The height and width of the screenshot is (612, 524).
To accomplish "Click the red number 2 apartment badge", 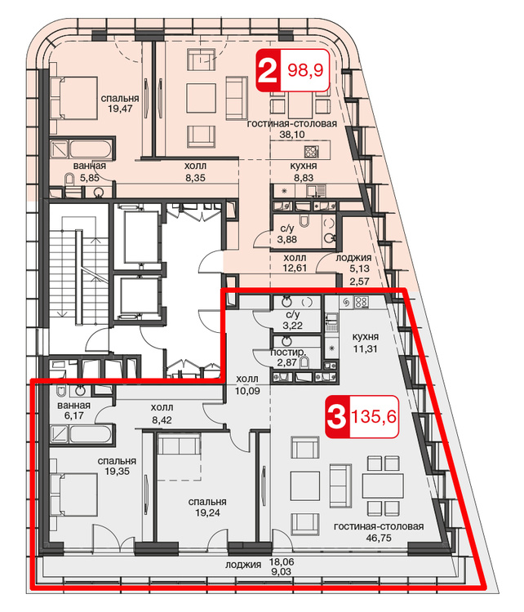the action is click(x=268, y=71).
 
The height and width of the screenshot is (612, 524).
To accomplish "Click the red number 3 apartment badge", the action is click(x=337, y=417).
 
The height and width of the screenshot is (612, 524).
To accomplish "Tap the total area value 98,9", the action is click(x=305, y=70).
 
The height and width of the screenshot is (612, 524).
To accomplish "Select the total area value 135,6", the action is click(x=374, y=417).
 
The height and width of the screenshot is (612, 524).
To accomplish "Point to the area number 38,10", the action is click(x=292, y=135).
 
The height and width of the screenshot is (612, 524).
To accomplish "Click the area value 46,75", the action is click(x=379, y=539).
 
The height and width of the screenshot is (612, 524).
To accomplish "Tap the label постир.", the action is click(x=289, y=353).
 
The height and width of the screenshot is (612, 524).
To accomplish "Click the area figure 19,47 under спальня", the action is click(x=120, y=109).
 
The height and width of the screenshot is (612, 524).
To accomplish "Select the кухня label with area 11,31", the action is click(x=365, y=337).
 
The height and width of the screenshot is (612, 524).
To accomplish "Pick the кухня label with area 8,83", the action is click(x=304, y=166).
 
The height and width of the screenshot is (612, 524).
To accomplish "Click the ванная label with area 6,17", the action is click(x=73, y=405).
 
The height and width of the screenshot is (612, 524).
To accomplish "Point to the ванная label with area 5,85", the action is click(x=90, y=166).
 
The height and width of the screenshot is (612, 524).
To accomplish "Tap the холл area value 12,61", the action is click(x=295, y=268).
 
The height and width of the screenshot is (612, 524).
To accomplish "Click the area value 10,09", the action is click(x=247, y=391).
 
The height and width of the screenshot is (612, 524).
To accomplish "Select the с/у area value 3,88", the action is click(x=287, y=239).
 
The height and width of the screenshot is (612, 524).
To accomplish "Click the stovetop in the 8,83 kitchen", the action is click(x=312, y=151).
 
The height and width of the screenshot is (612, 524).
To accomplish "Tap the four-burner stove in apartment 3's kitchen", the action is click(x=362, y=302).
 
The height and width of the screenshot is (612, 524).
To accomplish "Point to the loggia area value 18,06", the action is click(x=282, y=562).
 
